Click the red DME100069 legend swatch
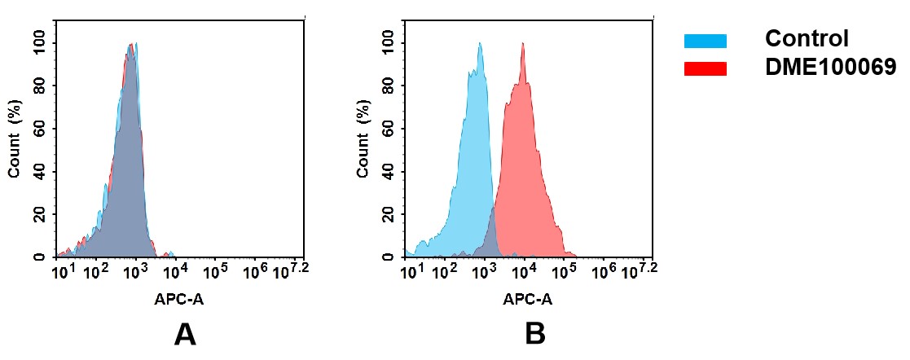[x=705, y=68]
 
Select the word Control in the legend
[x=807, y=39]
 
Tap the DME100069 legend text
[x=830, y=68]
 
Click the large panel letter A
[x=185, y=334]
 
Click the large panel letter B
[x=534, y=334]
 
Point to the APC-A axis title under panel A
[x=179, y=299]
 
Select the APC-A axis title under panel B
[x=528, y=299]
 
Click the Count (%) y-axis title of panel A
[x=15, y=139]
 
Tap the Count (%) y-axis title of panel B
[x=363, y=139]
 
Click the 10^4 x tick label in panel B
[x=524, y=270]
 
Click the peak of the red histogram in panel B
[x=522, y=46]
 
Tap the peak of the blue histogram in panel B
[x=480, y=46]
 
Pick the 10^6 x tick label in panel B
[x=603, y=270]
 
